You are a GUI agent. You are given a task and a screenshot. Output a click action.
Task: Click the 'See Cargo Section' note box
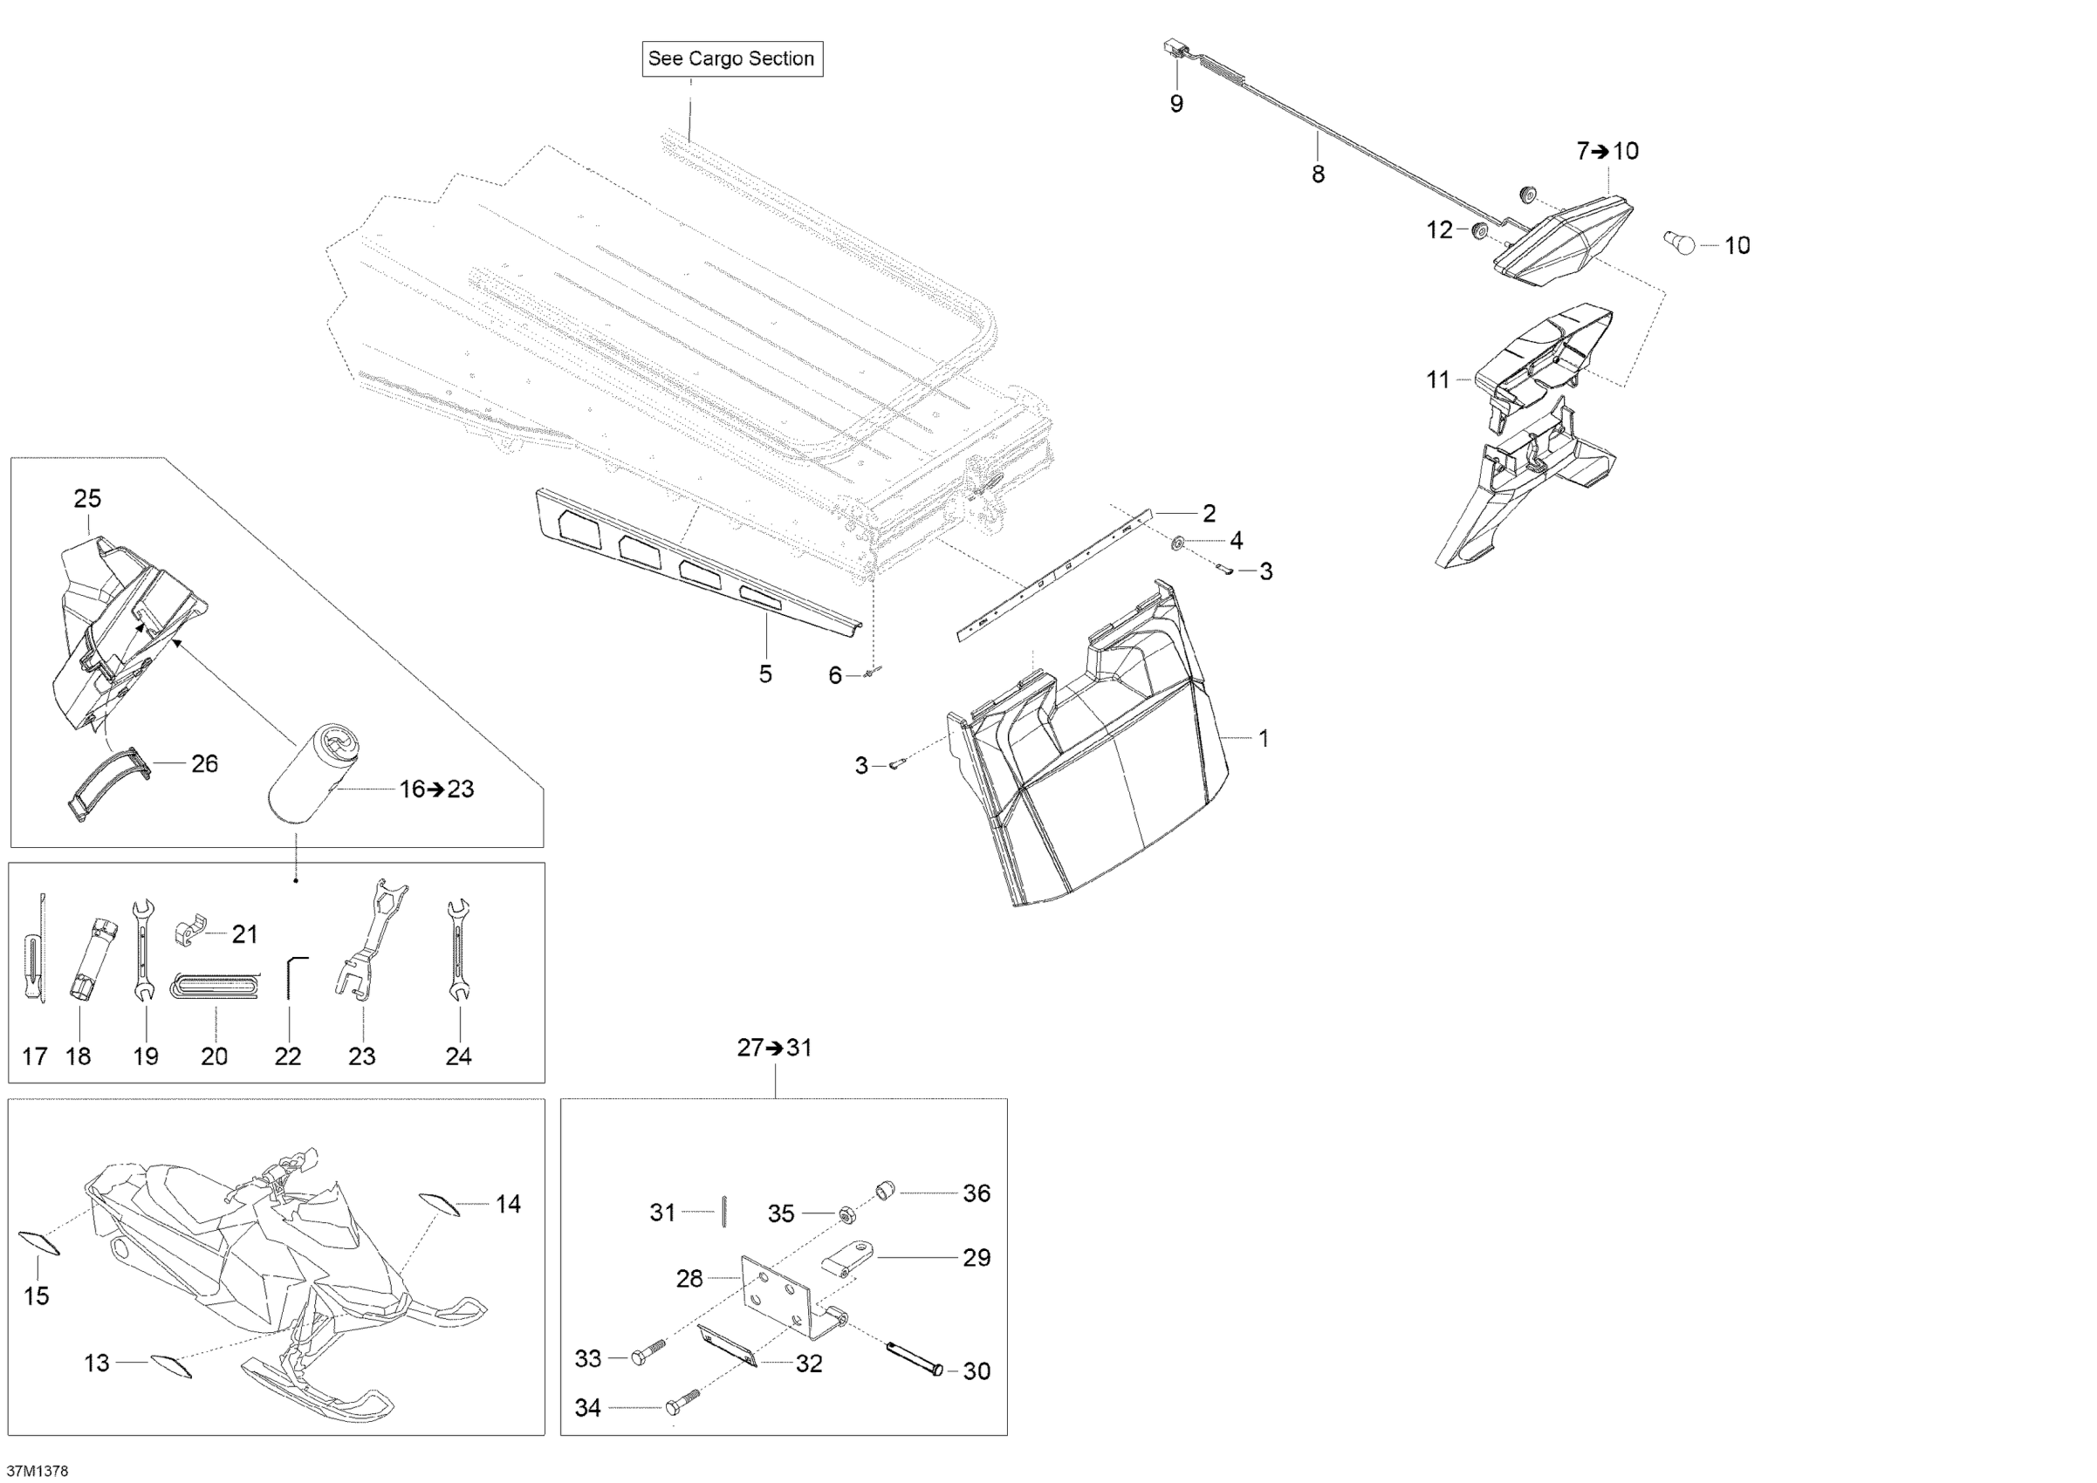coord(731,58)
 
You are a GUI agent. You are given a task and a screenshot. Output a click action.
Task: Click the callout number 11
coord(1437,379)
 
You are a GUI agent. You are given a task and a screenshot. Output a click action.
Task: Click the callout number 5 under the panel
coord(765,674)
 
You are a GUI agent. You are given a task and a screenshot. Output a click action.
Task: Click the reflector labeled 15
coord(39,1242)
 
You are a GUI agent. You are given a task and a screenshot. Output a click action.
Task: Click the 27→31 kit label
coord(775,1048)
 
